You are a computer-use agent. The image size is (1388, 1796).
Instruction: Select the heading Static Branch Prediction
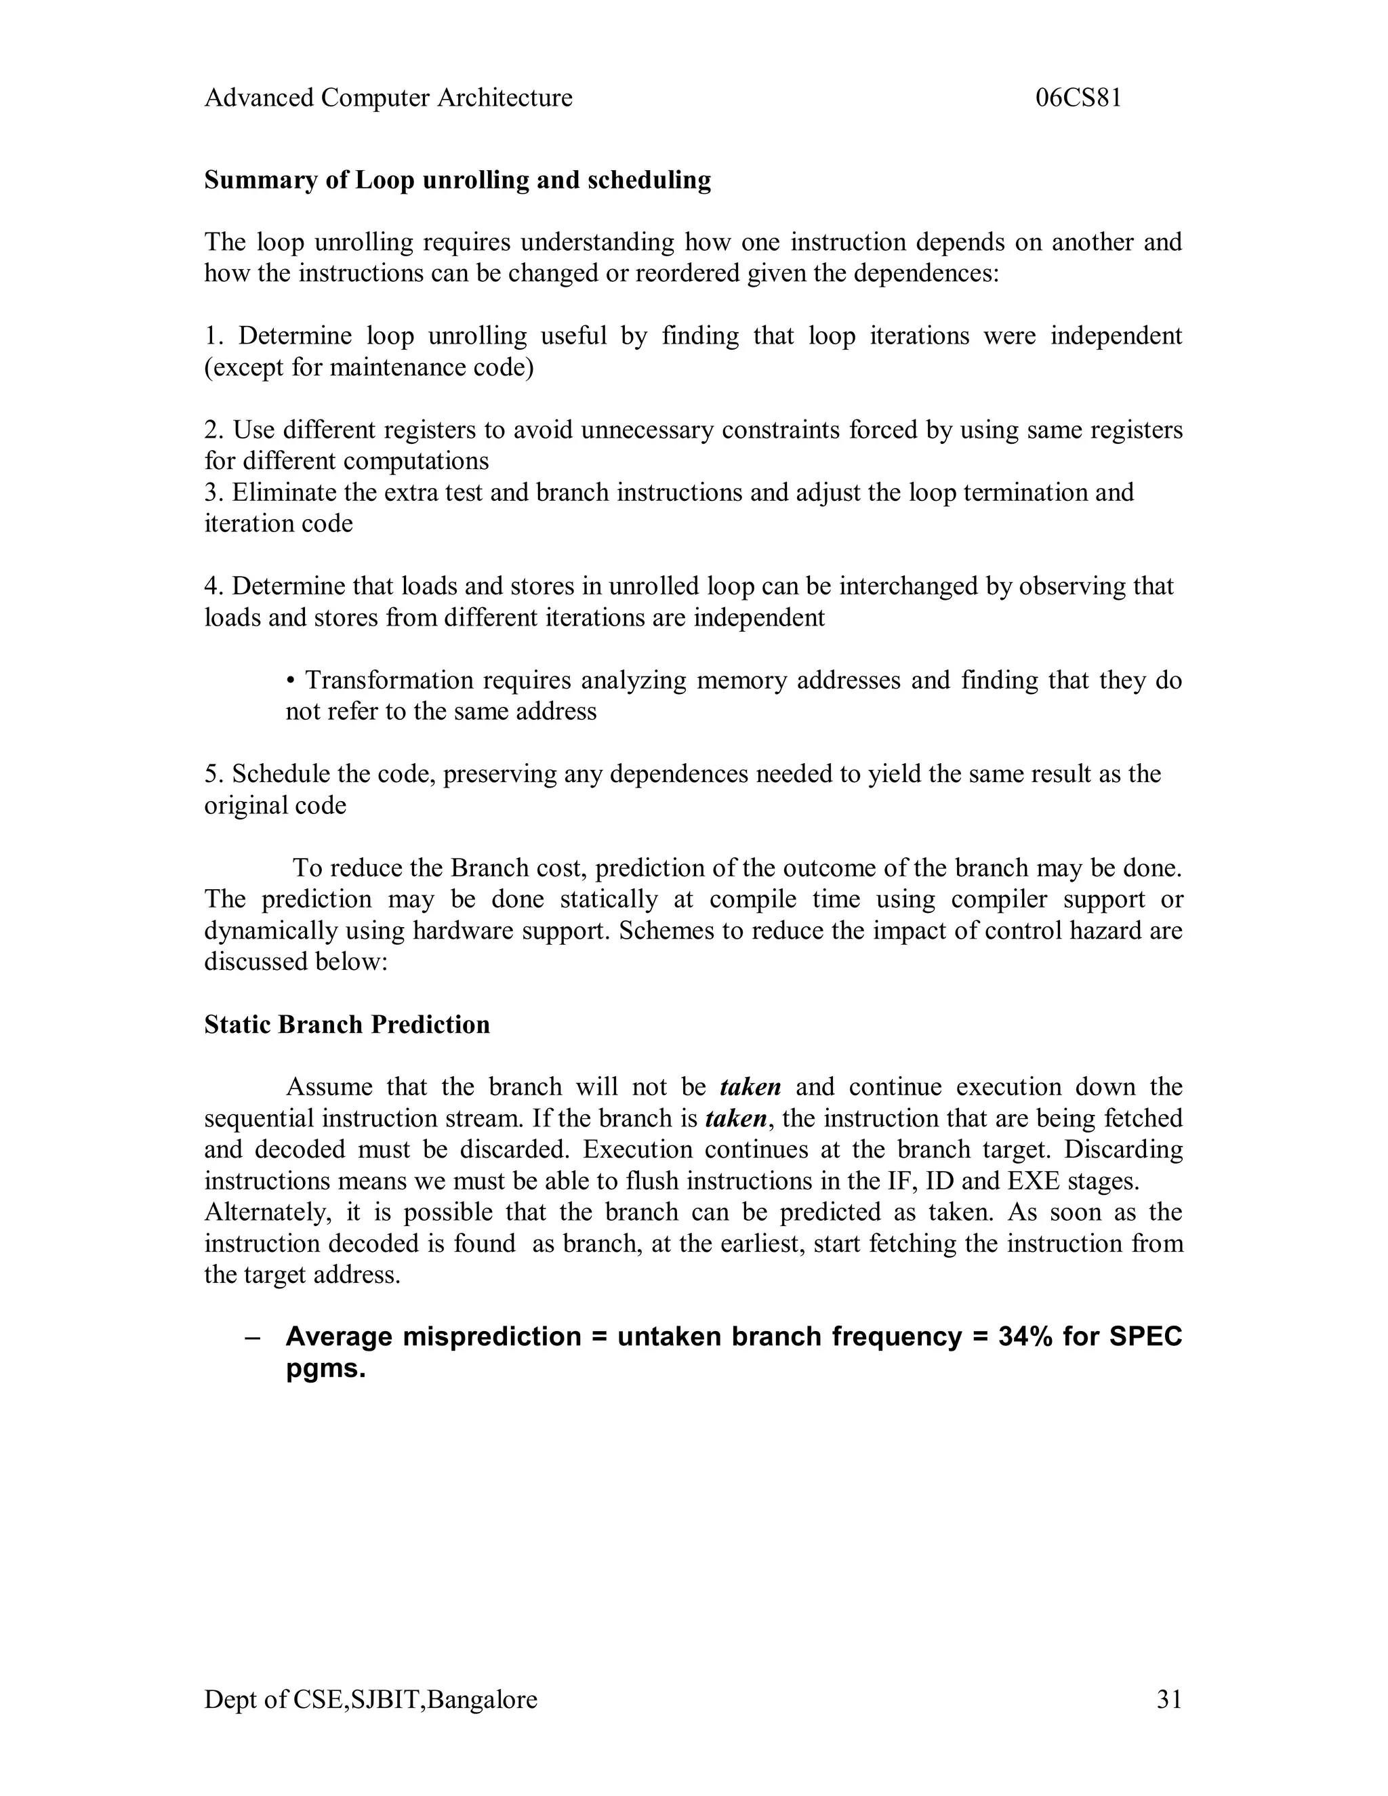coord(346,1025)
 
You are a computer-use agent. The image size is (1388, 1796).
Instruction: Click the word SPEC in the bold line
coord(1145,1337)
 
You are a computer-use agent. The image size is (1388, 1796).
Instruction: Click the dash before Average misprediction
coord(252,1337)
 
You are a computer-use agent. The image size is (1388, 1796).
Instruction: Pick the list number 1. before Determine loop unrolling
coord(213,336)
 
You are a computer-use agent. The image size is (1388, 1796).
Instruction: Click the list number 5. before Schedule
coord(213,775)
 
